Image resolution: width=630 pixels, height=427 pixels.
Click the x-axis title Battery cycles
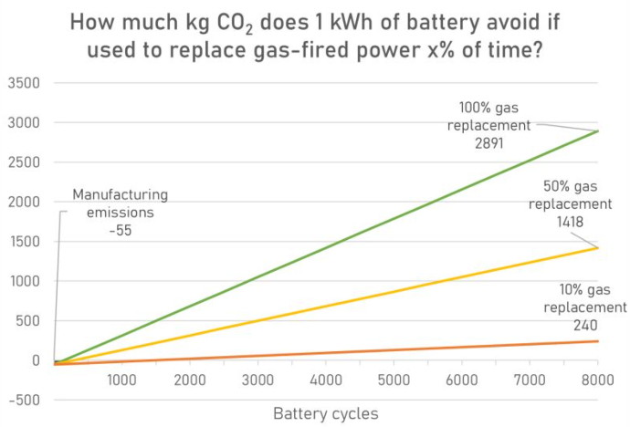(x=325, y=413)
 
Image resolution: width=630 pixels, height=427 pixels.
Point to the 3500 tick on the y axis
(x=25, y=83)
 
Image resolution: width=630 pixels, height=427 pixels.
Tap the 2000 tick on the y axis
(x=25, y=202)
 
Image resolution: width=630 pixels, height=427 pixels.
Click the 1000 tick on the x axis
(x=121, y=380)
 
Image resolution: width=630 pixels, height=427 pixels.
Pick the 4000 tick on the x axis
(x=326, y=380)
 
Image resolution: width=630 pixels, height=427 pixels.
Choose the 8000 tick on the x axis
(x=597, y=380)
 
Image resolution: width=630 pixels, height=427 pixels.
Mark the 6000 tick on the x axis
(x=462, y=380)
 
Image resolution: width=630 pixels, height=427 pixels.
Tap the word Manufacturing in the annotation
(x=121, y=194)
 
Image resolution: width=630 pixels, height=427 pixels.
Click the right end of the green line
(x=598, y=131)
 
